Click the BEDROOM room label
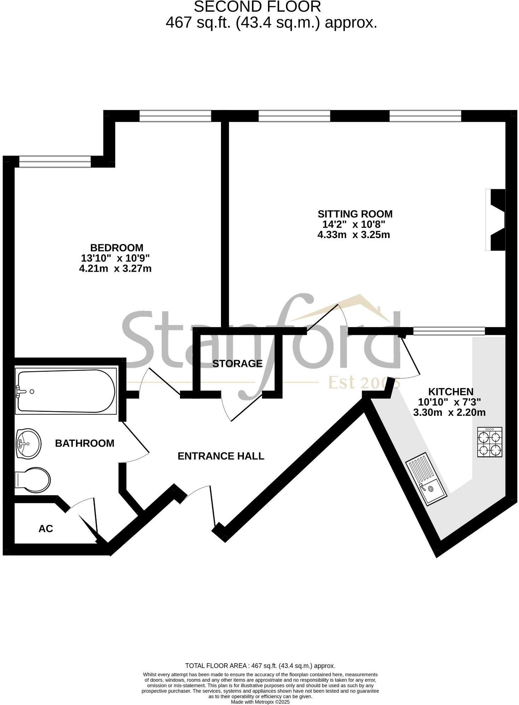click(x=117, y=248)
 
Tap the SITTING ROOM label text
click(x=355, y=214)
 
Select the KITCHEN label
click(x=450, y=392)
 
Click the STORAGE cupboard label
click(x=237, y=363)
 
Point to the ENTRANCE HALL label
click(x=221, y=456)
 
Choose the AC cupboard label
click(x=46, y=528)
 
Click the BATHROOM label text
click(x=84, y=443)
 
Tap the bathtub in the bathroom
click(x=66, y=391)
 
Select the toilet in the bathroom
click(x=33, y=480)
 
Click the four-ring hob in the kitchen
click(x=489, y=442)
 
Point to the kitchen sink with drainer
click(x=426, y=478)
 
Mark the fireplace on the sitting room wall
click(x=496, y=220)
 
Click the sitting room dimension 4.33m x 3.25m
click(x=354, y=235)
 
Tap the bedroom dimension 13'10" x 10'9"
click(x=116, y=258)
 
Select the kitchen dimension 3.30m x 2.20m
click(x=449, y=412)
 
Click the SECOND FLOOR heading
click(x=257, y=7)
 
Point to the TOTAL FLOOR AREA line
click(x=260, y=666)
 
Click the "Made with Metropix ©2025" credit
click(x=260, y=702)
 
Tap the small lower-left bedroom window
click(x=55, y=162)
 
